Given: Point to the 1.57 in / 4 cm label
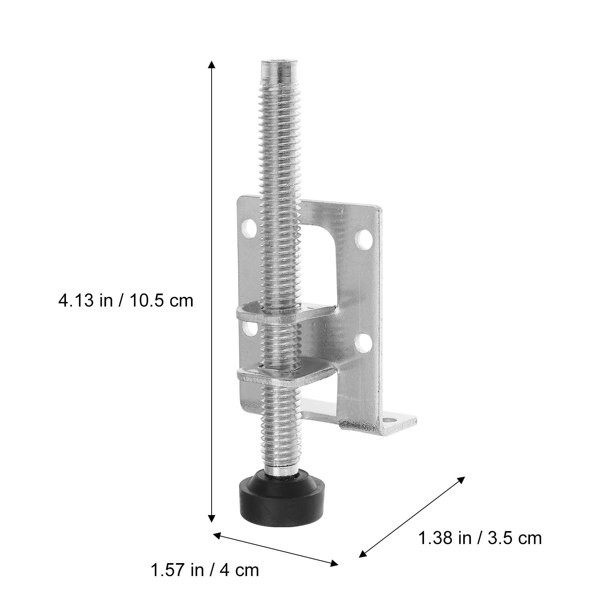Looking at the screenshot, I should (x=205, y=570).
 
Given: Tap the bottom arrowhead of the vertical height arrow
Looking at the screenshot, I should (x=211, y=519).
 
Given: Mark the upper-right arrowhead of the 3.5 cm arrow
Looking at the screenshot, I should (x=462, y=480).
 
